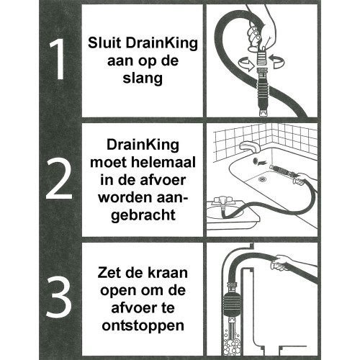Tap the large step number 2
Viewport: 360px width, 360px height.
click(59, 179)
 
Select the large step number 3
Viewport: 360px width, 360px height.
click(59, 297)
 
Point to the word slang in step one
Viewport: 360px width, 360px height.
click(143, 78)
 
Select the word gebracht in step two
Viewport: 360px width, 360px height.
click(143, 215)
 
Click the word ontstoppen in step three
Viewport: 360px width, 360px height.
click(143, 326)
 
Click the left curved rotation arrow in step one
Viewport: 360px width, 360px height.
click(246, 63)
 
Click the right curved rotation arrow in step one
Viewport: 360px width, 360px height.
click(277, 61)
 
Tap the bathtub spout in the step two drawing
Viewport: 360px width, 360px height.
click(250, 147)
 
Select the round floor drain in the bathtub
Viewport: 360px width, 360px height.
click(262, 179)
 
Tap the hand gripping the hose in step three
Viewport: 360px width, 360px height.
click(283, 262)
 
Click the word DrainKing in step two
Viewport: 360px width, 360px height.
click(143, 145)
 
